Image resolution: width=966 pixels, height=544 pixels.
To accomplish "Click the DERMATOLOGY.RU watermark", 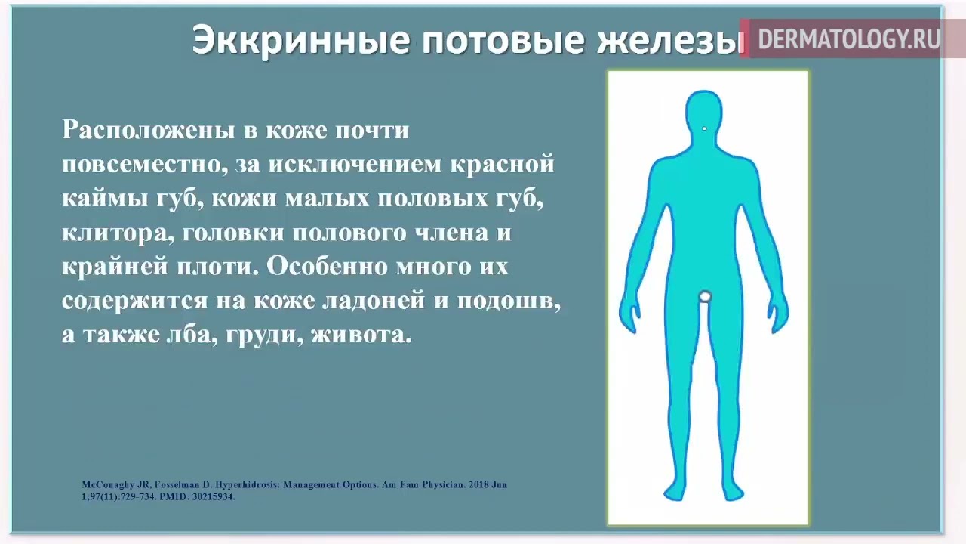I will tap(848, 39).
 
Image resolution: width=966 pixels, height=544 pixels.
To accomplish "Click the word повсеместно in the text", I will tap(144, 164).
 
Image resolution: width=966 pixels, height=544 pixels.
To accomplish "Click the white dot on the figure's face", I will tap(704, 128).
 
